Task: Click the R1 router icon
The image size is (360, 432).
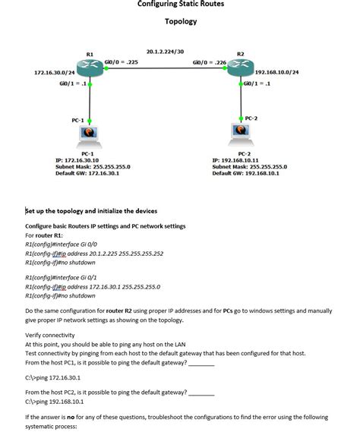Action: pyautogui.click(x=90, y=68)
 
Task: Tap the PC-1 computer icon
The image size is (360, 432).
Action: pyautogui.click(x=90, y=136)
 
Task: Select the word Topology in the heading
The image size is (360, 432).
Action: pyautogui.click(x=181, y=21)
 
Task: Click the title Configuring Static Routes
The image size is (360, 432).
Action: pyautogui.click(x=181, y=5)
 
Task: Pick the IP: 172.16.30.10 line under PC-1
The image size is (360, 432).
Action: pyautogui.click(x=77, y=160)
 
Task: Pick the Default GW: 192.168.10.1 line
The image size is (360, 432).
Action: pyautogui.click(x=245, y=172)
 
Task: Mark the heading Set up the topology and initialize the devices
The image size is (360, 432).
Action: pyautogui.click(x=91, y=211)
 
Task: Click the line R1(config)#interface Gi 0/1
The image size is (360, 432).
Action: pyautogui.click(x=63, y=279)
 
